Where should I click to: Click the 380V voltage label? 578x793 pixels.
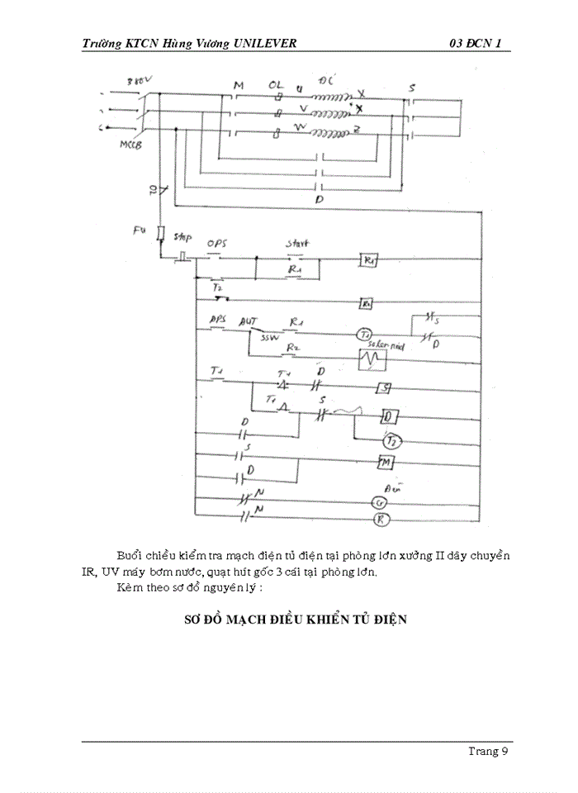pyautogui.click(x=140, y=82)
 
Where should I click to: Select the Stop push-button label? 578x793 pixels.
pyautogui.click(x=183, y=238)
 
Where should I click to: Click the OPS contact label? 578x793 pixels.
pyautogui.click(x=217, y=245)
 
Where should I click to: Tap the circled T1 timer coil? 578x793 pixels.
pyautogui.click(x=364, y=334)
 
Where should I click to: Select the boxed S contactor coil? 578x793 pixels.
pyautogui.click(x=384, y=388)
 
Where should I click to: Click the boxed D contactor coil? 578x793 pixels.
pyautogui.click(x=391, y=416)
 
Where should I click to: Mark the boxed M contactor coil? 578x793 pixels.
pyautogui.click(x=384, y=463)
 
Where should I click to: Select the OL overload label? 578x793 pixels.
pyautogui.click(x=277, y=85)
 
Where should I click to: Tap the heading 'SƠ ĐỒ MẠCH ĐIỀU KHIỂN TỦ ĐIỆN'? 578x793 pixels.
pyautogui.click(x=296, y=619)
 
